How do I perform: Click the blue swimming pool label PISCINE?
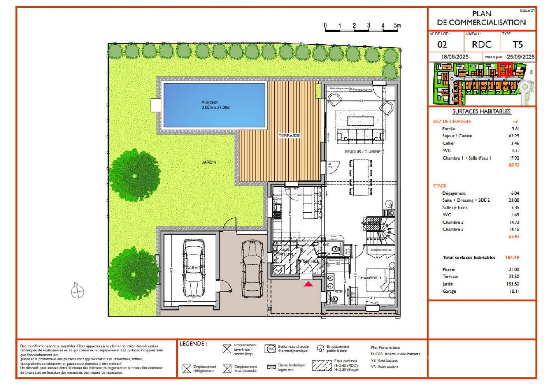pyautogui.click(x=210, y=102)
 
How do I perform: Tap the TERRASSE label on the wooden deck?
pyautogui.click(x=289, y=135)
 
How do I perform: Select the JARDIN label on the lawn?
pyautogui.click(x=209, y=162)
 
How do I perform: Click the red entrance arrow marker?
pyautogui.click(x=308, y=284)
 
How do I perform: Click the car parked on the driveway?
pyautogui.click(x=252, y=269)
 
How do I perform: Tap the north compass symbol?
pyautogui.click(x=77, y=291)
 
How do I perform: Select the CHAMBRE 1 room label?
pyautogui.click(x=369, y=278)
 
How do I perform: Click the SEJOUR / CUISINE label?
pyautogui.click(x=362, y=152)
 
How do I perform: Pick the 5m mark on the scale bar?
pyautogui.click(x=397, y=26)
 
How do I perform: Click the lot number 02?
pyautogui.click(x=442, y=45)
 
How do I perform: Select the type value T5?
pyautogui.click(x=517, y=45)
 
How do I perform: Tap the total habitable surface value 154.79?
pyautogui.click(x=512, y=258)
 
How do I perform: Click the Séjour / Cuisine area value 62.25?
pyautogui.click(x=513, y=136)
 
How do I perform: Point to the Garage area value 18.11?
pyautogui.click(x=514, y=291)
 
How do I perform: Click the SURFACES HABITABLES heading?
pyautogui.click(x=481, y=112)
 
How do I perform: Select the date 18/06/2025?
pyautogui.click(x=455, y=57)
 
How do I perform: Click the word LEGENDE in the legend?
pyautogui.click(x=191, y=344)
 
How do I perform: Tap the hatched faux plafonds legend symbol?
pyautogui.click(x=322, y=365)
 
